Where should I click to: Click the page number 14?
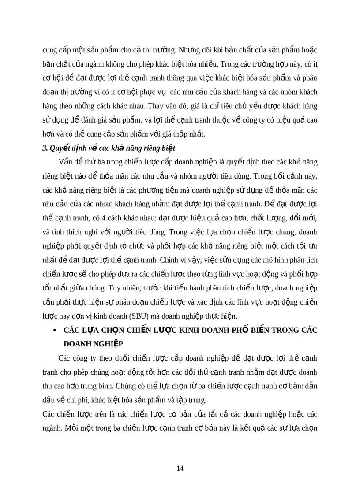(180, 468)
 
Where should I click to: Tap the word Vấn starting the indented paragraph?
(71, 163)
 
